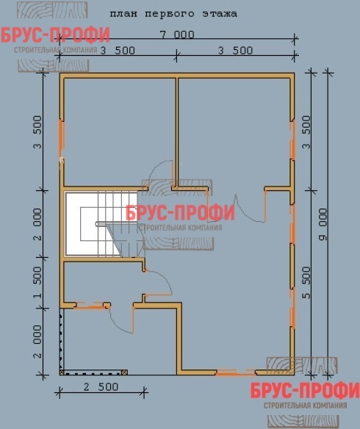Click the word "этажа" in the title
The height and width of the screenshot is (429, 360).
[220, 14]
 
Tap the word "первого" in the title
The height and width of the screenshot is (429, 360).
[170, 14]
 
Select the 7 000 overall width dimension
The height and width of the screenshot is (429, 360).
[177, 35]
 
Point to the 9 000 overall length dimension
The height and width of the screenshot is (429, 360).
[323, 224]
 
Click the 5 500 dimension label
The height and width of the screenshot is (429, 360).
[306, 283]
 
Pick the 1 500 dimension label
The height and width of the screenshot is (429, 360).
[37, 282]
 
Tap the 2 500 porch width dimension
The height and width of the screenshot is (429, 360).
[101, 387]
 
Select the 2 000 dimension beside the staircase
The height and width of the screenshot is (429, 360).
[37, 224]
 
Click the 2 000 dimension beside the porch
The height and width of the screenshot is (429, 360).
[37, 341]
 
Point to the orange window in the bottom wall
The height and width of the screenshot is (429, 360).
[236, 372]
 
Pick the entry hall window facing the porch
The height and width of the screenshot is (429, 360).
[90, 306]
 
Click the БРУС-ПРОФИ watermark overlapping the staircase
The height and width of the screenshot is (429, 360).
[180, 213]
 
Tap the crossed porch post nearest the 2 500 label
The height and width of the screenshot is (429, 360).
[124, 372]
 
